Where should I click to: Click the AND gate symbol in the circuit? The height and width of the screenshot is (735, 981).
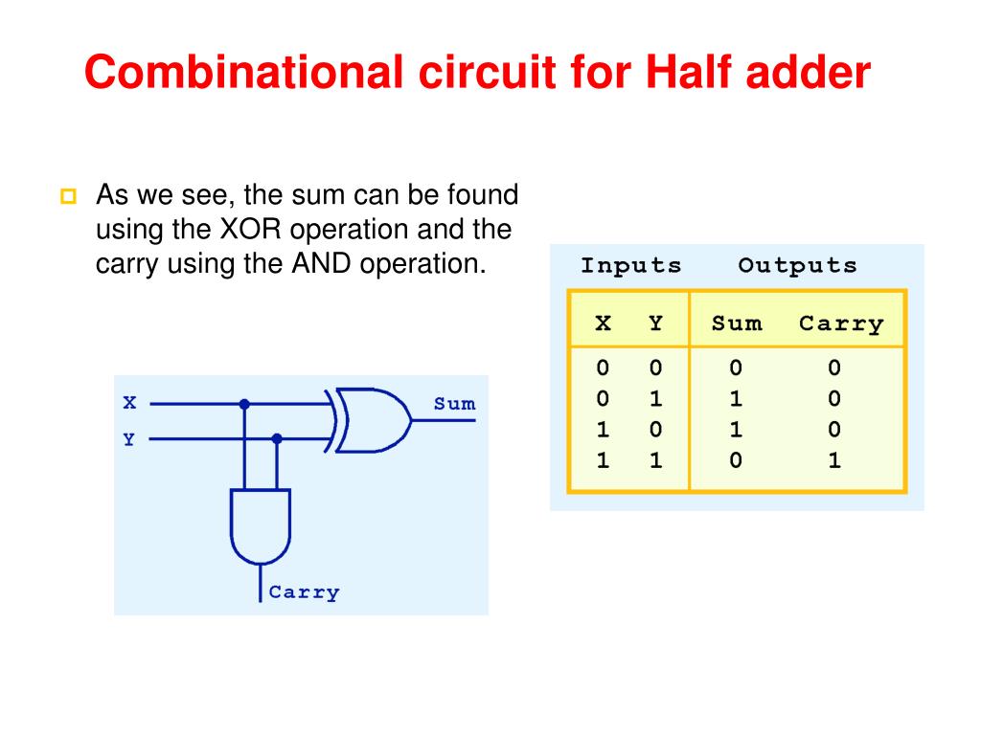click(260, 527)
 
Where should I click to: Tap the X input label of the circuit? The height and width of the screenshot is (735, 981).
click(129, 403)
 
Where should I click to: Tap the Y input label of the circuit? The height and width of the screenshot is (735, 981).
click(128, 439)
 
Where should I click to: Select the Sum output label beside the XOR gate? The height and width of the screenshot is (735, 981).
click(454, 404)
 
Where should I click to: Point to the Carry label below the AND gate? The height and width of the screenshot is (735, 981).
click(304, 592)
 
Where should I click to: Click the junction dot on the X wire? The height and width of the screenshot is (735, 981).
click(244, 404)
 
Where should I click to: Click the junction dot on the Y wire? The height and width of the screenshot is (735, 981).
click(277, 438)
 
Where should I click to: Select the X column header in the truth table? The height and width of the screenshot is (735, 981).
click(603, 323)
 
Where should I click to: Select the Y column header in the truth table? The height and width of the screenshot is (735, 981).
click(655, 323)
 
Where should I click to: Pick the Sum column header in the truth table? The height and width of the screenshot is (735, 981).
click(737, 323)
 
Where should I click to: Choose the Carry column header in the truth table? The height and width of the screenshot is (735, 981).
click(841, 323)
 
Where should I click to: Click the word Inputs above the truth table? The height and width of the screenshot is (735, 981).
click(631, 266)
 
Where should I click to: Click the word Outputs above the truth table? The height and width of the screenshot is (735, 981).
click(797, 266)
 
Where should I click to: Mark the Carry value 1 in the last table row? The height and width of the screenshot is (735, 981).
click(834, 460)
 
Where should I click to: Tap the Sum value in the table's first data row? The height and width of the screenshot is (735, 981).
click(736, 367)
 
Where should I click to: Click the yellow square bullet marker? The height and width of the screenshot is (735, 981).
click(66, 198)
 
